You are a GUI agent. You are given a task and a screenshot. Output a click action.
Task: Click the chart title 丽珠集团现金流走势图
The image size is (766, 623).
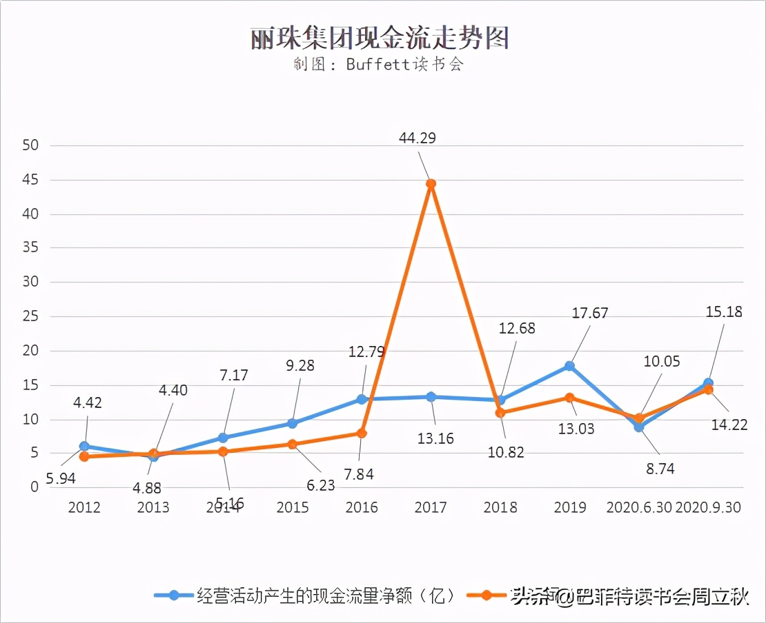pos(380,39)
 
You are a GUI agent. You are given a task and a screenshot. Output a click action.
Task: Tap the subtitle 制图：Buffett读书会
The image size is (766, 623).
pos(377,65)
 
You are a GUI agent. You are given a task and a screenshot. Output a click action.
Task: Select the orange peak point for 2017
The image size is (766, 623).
pos(431,184)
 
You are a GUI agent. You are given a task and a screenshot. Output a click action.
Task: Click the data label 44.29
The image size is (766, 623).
pos(418,139)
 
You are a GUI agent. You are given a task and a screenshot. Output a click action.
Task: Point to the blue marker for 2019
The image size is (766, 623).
pos(569,366)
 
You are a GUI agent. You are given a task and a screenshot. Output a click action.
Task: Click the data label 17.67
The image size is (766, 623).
pos(590,313)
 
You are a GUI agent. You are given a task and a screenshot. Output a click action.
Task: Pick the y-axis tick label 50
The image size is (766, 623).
pos(30,146)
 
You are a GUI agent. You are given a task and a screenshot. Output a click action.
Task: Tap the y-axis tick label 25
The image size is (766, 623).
pos(30,317)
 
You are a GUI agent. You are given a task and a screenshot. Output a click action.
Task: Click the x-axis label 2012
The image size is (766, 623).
pos(84,508)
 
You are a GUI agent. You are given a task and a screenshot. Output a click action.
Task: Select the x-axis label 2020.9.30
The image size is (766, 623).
pos(708,508)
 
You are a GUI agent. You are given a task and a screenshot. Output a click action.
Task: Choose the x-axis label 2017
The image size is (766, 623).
pos(431,508)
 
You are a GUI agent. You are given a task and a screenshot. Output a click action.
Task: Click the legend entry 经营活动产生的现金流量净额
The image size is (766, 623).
pos(324,595)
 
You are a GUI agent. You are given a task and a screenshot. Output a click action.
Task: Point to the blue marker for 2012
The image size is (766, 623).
pos(84,447)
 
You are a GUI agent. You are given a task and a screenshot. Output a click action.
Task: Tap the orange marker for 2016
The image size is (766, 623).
pos(362,433)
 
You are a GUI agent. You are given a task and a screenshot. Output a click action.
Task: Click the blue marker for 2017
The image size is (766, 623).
pos(431,397)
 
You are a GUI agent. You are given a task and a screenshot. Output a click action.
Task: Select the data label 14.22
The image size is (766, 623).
pos(730,425)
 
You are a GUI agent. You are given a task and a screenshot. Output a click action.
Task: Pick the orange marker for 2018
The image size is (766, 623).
pos(500,413)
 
